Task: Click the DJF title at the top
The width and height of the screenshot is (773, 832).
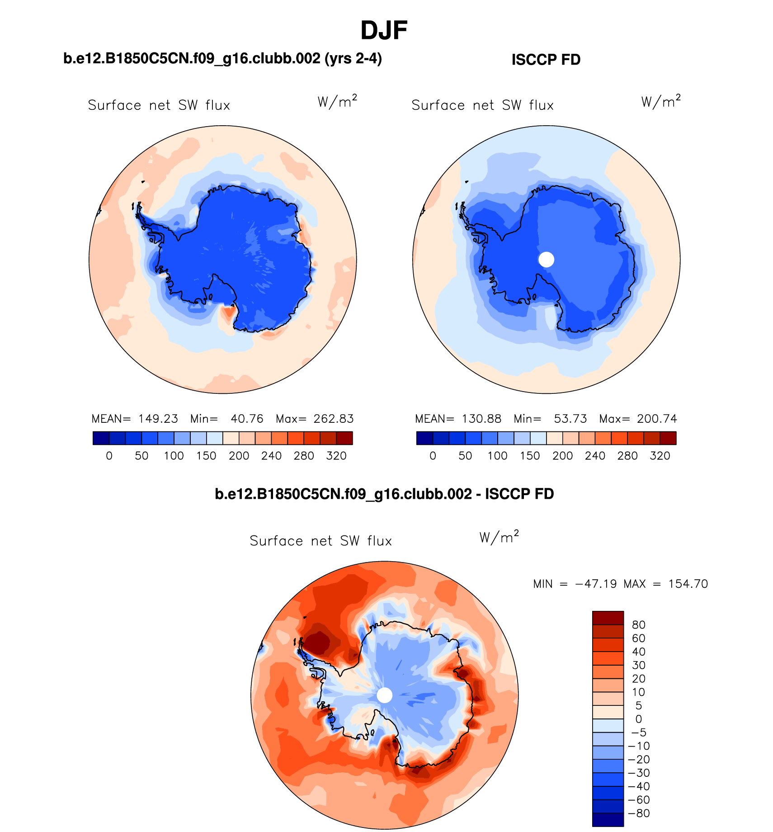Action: [384, 31]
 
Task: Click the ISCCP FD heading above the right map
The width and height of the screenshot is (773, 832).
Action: [546, 60]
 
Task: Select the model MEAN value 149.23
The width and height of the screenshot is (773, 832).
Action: [158, 419]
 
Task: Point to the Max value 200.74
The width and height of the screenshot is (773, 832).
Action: [657, 419]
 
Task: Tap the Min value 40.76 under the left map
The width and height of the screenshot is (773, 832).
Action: [247, 419]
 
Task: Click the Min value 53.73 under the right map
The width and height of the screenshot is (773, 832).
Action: [570, 419]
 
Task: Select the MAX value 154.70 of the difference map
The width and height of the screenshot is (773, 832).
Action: [688, 584]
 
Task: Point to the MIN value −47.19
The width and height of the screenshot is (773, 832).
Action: [596, 584]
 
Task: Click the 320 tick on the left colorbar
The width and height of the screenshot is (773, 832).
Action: [336, 456]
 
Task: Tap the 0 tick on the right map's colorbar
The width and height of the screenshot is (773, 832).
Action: [433, 456]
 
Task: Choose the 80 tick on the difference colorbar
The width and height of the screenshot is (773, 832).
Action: [638, 625]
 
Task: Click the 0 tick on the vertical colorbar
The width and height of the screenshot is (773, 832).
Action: [638, 719]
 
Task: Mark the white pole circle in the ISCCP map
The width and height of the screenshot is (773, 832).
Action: [546, 260]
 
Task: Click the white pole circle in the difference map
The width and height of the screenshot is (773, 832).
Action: [384, 695]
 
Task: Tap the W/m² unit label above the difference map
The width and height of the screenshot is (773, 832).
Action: [499, 537]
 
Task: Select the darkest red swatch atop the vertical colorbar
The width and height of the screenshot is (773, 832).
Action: [608, 618]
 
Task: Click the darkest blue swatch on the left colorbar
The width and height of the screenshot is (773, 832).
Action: [101, 438]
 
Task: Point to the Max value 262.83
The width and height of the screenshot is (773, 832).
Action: [334, 419]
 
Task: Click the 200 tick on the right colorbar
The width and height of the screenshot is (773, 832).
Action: [562, 456]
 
